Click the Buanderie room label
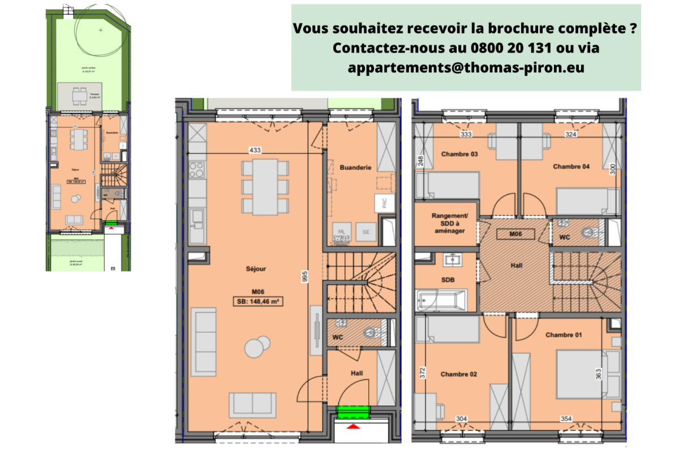[355, 168]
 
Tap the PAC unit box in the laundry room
[384, 204]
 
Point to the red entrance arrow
[353, 426]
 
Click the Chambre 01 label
[563, 335]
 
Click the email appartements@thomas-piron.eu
[466, 67]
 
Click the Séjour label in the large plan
[256, 269]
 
